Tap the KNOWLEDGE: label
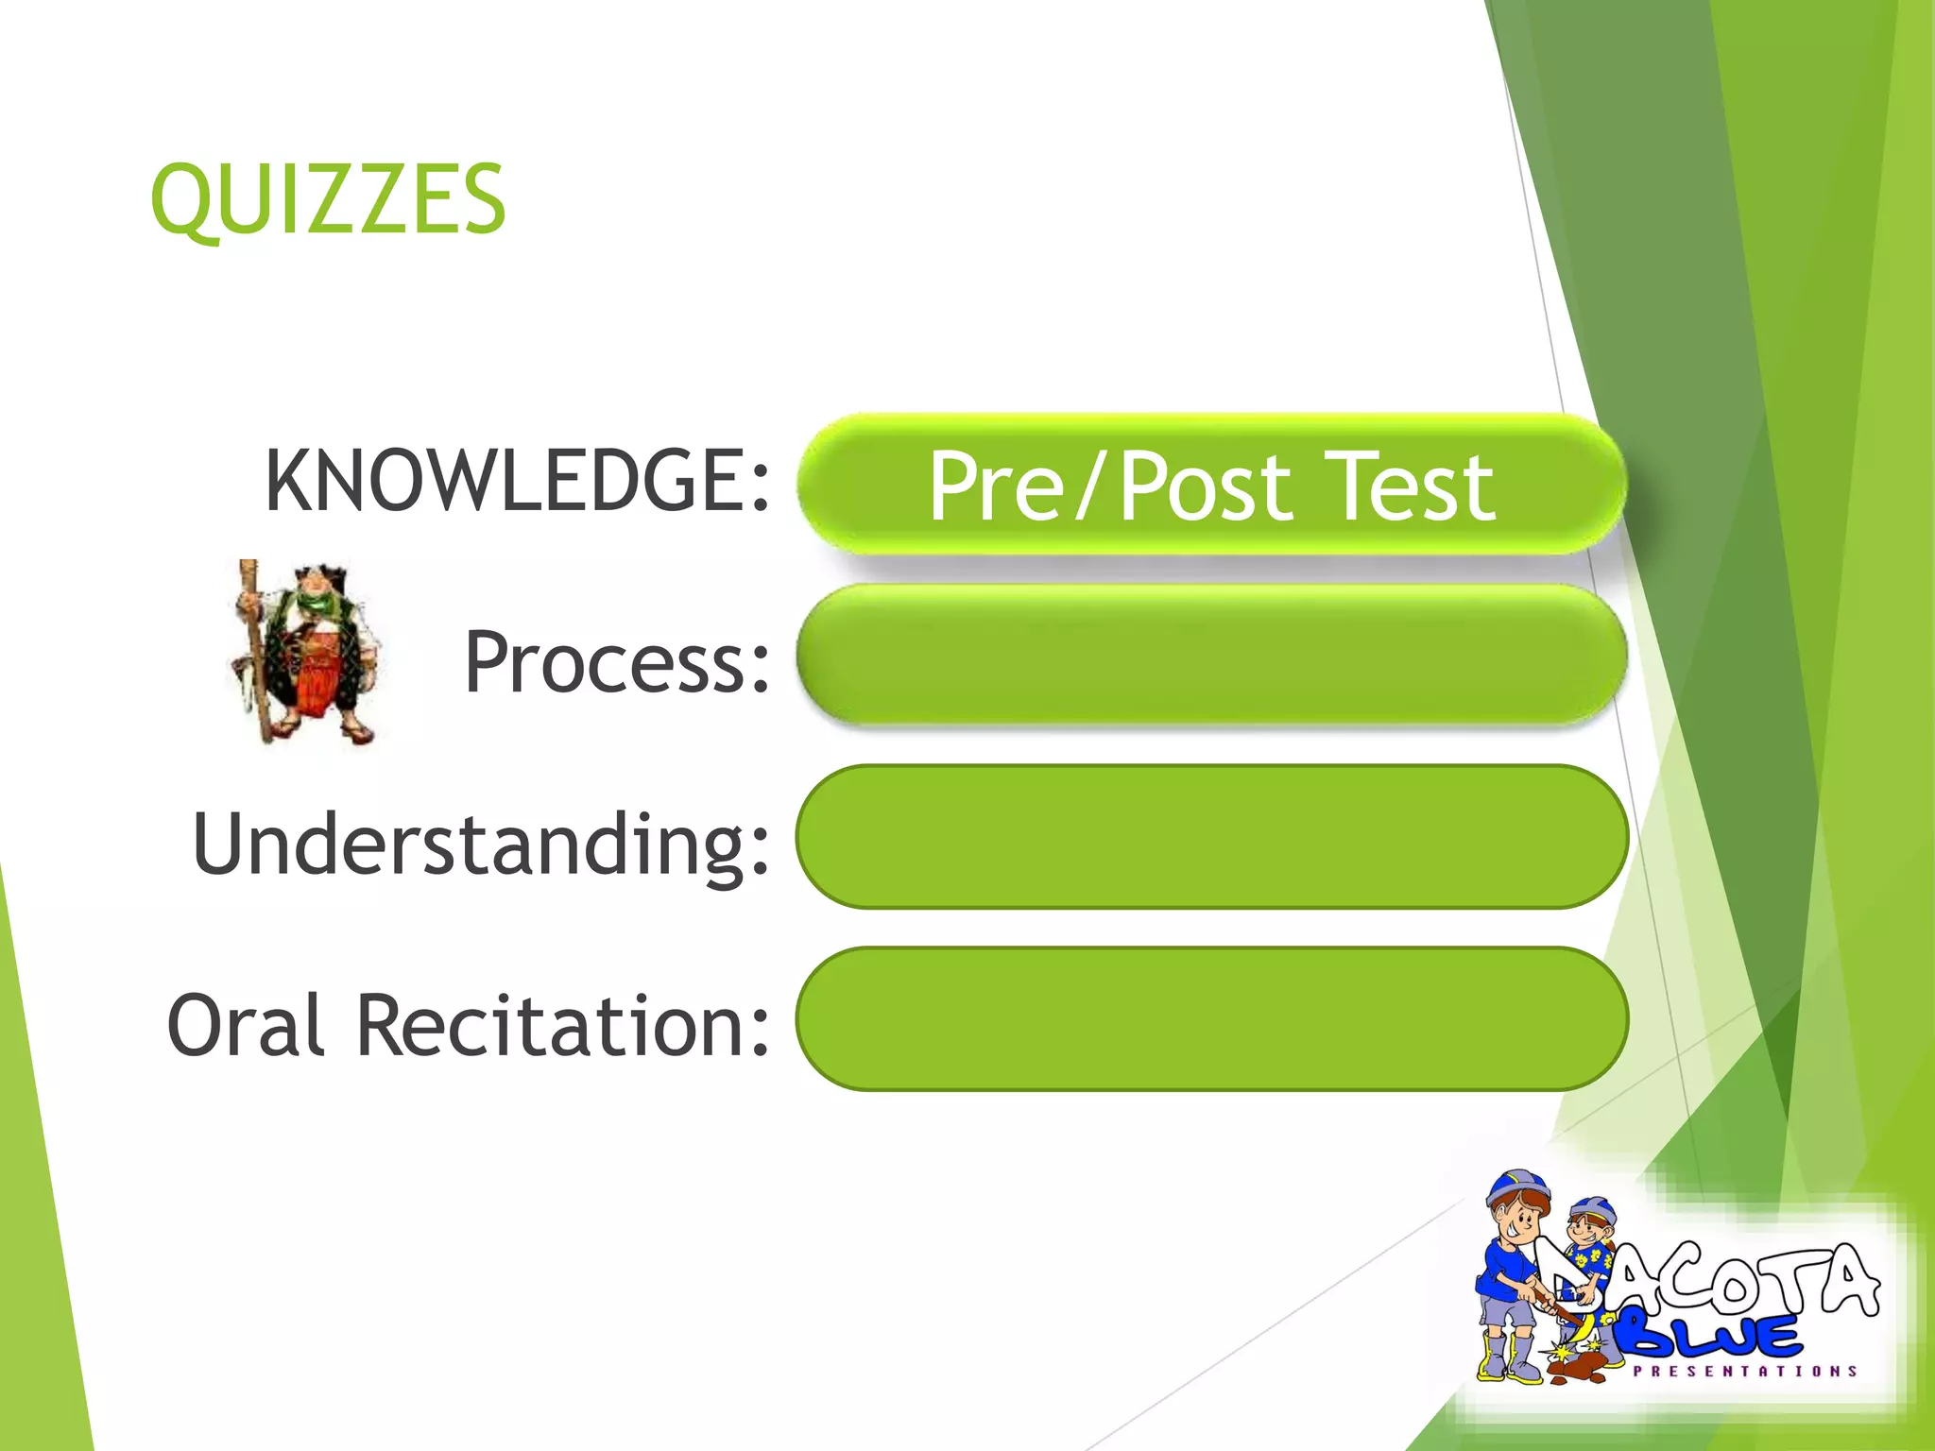(x=517, y=481)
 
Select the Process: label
(x=617, y=662)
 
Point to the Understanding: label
(x=481, y=844)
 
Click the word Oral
(x=247, y=1025)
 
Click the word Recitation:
(x=563, y=1025)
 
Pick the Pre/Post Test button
(x=1211, y=485)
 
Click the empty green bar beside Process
(x=1211, y=655)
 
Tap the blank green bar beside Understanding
(x=1211, y=837)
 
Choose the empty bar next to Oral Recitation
(x=1211, y=1018)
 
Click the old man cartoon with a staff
(x=307, y=652)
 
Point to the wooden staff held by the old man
(x=254, y=652)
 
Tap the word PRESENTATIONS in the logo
(x=1744, y=1371)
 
